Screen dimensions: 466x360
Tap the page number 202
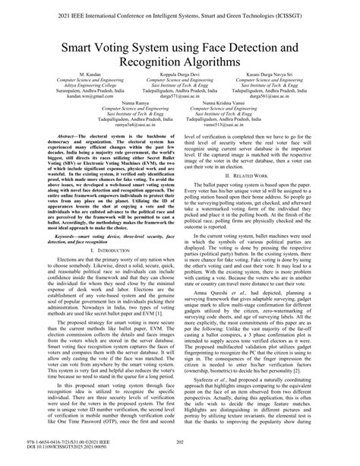(x=180, y=454)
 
